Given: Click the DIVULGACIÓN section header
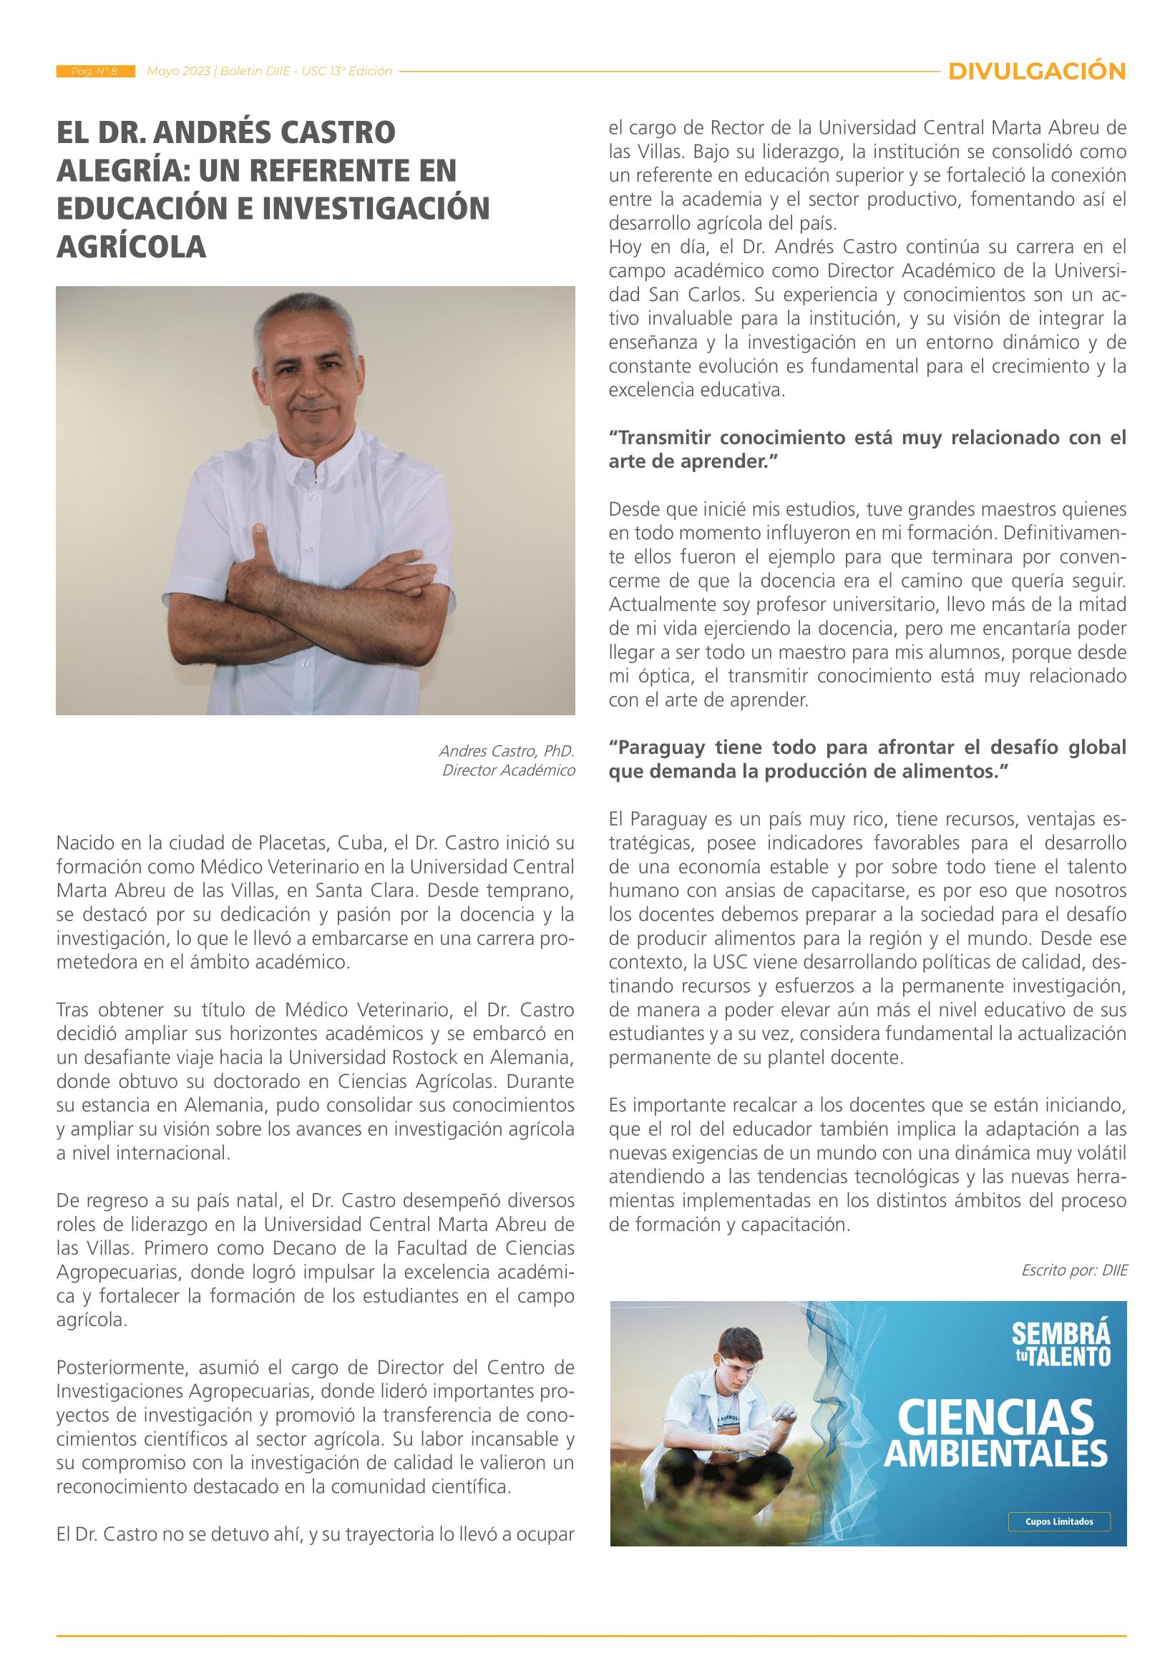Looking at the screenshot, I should pos(1037,72).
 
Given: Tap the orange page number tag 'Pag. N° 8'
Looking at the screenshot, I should pos(95,72).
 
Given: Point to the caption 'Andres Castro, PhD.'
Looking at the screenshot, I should pos(507,750).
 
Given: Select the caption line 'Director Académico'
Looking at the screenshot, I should pos(508,770).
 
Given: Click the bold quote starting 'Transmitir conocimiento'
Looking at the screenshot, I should pos(867,449).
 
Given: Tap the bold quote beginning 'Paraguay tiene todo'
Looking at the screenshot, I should pos(867,758).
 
